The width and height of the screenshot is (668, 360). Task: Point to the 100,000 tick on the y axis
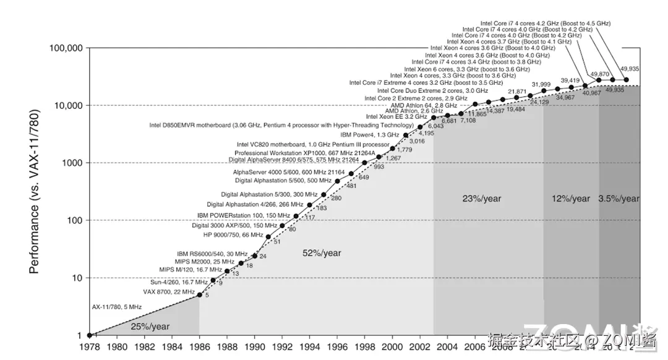coord(66,48)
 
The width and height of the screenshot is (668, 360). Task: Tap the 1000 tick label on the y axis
coord(74,163)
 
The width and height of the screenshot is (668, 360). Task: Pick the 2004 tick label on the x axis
coord(447,347)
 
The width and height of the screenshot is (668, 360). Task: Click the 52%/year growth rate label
coord(322,253)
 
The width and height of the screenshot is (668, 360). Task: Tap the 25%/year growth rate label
coord(150,327)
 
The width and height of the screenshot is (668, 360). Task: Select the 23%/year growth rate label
coord(481,199)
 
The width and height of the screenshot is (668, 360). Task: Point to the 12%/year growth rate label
coord(571,199)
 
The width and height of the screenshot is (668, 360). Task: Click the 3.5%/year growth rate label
coord(619,199)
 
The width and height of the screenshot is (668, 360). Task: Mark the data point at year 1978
coord(89,335)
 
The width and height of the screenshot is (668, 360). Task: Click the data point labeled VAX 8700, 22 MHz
coord(199,295)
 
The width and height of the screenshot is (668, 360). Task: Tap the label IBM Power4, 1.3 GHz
coord(369,134)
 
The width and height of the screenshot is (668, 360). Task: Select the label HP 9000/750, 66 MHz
coord(233,235)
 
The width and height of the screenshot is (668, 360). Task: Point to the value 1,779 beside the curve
coord(405,150)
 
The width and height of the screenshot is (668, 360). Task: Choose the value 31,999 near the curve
coord(541,84)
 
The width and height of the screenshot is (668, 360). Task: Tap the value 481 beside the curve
coord(351,186)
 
